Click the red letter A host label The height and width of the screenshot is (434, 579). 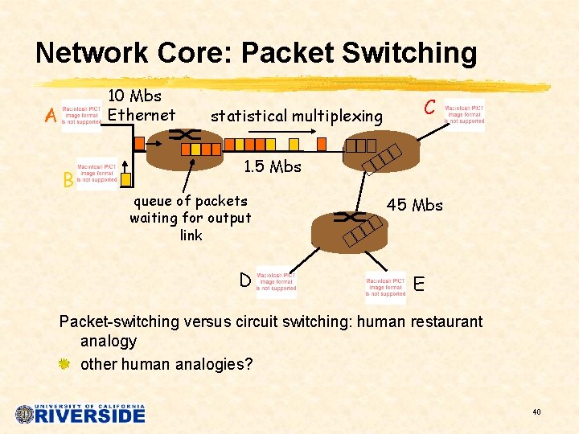50,117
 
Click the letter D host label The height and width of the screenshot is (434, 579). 244,280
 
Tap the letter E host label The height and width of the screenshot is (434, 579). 418,284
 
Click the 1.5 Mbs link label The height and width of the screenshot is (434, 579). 272,167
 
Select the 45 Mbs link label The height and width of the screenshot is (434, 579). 415,205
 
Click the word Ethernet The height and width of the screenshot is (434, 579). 142,115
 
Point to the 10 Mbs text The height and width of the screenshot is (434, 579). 134,96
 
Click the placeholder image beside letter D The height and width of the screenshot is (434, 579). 276,281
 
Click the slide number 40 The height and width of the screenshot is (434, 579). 536,412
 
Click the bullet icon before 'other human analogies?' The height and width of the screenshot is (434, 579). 65,364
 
